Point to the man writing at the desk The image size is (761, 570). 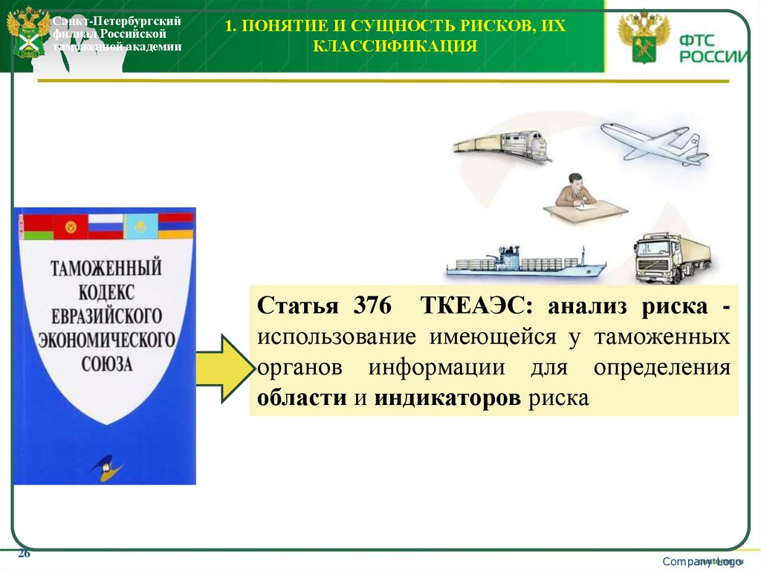(577, 195)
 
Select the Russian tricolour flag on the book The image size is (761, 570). (106, 225)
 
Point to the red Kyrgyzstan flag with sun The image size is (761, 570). (71, 226)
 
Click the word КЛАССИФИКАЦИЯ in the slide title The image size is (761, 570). (395, 47)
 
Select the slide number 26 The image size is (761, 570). (24, 554)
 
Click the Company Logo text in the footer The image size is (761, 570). (702, 562)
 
